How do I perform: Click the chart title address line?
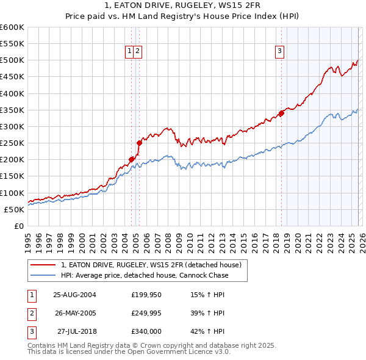[x=182, y=5]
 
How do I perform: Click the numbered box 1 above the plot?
[x=130, y=52]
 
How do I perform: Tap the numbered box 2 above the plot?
[x=138, y=52]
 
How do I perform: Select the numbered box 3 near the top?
[x=279, y=52]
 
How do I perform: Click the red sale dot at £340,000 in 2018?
[x=281, y=113]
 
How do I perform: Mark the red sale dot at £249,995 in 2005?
[x=140, y=143]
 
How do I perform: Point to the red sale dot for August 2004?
[x=132, y=159]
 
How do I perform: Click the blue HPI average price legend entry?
[x=144, y=275]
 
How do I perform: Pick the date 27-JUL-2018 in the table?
[x=74, y=331]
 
